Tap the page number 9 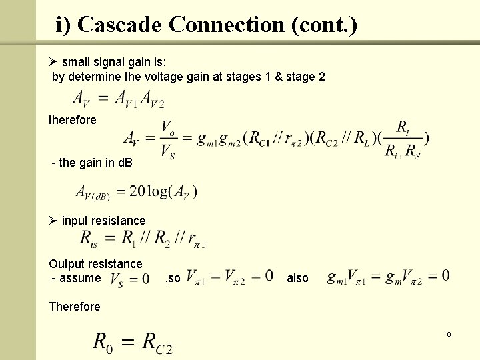pyautogui.click(x=449, y=333)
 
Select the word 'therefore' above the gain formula pyautogui.click(x=72, y=120)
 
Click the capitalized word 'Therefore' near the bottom pyautogui.click(x=75, y=307)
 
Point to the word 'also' pyautogui.click(x=297, y=278)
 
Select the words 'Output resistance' pyautogui.click(x=95, y=264)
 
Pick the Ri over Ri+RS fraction pyautogui.click(x=403, y=139)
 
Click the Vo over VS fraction pyautogui.click(x=169, y=139)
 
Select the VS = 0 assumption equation pyautogui.click(x=129, y=278)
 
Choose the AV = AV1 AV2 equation pyautogui.click(x=118, y=99)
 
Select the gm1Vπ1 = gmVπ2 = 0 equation pyautogui.click(x=387, y=276)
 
